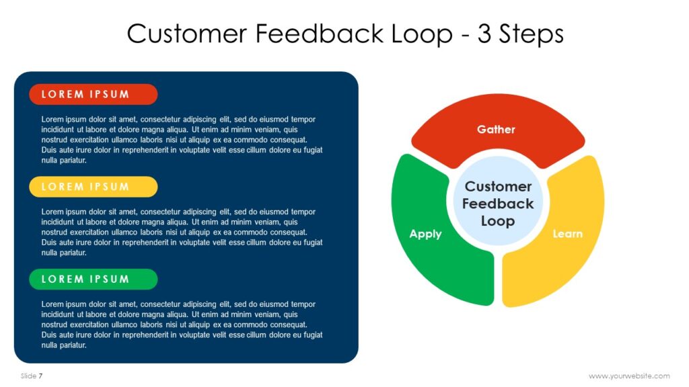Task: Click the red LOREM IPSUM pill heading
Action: click(x=93, y=95)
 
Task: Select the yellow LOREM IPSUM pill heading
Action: click(x=93, y=187)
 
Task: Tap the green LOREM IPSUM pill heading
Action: click(x=93, y=279)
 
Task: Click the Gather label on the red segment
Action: click(x=496, y=129)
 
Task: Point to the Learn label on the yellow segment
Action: click(x=567, y=234)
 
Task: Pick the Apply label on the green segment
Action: click(x=425, y=234)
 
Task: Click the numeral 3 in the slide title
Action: click(x=484, y=33)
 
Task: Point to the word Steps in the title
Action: click(x=531, y=33)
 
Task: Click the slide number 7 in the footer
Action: click(x=40, y=376)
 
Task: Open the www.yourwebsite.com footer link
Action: click(x=629, y=376)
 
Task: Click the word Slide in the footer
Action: click(x=28, y=376)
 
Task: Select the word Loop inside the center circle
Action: click(x=498, y=221)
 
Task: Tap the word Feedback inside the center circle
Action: click(x=498, y=204)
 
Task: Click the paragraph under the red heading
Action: click(x=182, y=140)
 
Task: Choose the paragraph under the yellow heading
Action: click(x=182, y=232)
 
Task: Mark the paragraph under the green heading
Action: click(x=182, y=325)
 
